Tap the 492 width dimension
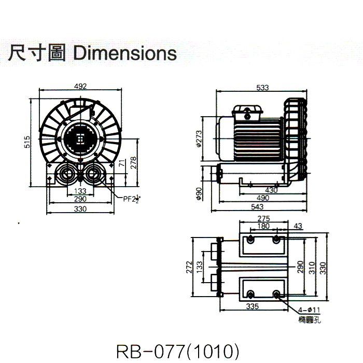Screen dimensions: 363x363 [x=80, y=86]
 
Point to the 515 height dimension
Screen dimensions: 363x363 [x=27, y=142]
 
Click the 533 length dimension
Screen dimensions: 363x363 [x=262, y=88]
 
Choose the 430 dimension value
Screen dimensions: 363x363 [x=271, y=190]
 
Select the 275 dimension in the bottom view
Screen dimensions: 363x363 [x=264, y=219]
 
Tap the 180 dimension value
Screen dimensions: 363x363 [x=263, y=226]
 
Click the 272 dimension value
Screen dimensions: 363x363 [x=190, y=267]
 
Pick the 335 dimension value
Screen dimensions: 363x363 [x=252, y=306]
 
